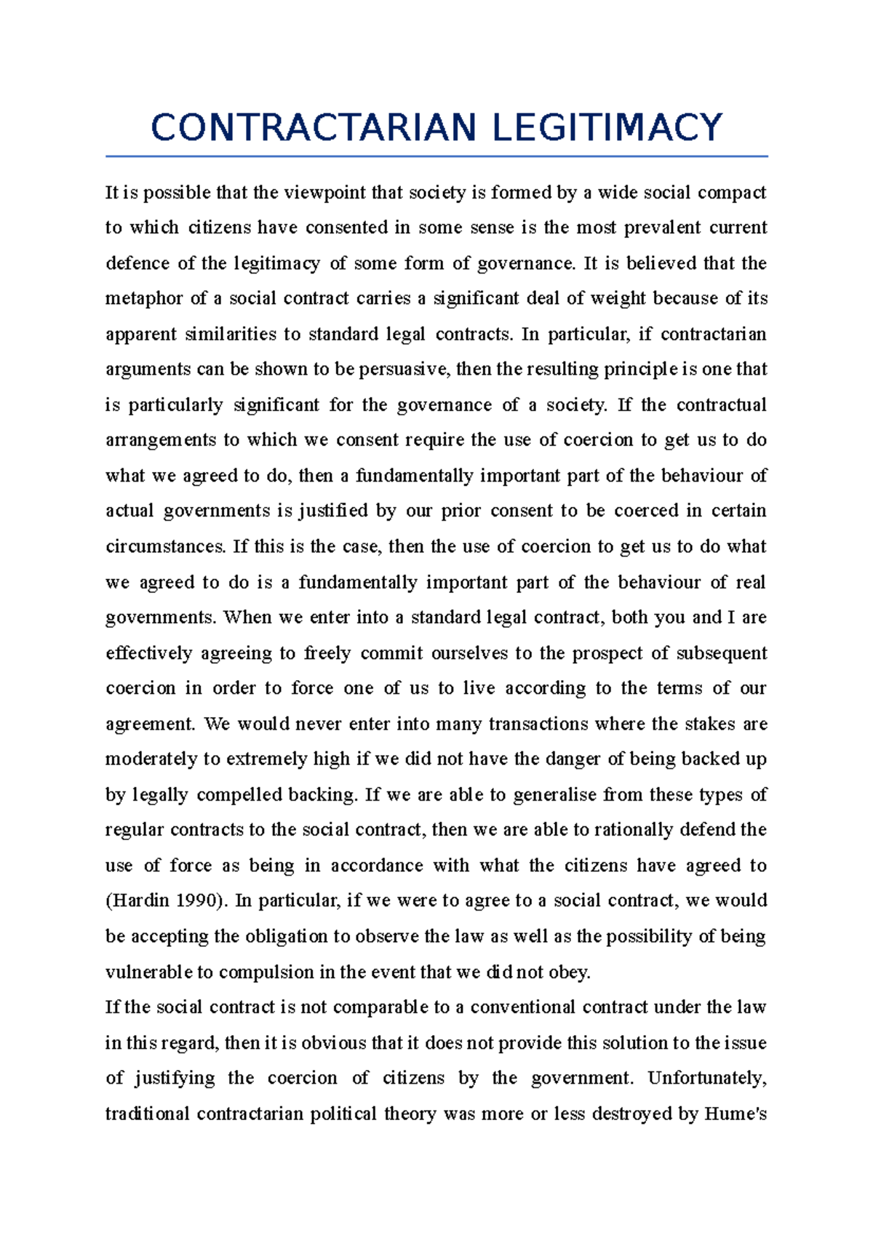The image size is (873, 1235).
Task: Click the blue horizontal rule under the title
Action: click(436, 156)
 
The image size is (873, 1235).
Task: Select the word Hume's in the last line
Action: click(736, 1114)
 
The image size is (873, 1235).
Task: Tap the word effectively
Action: click(149, 653)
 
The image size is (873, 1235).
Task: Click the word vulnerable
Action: click(148, 972)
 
